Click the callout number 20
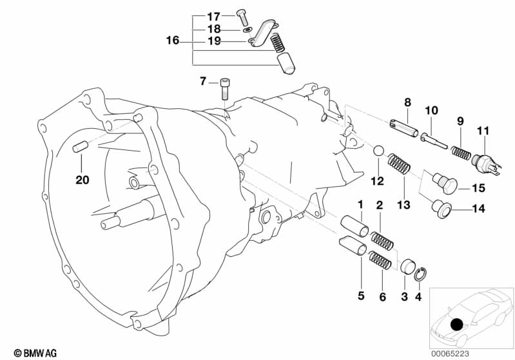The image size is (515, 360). [82, 180]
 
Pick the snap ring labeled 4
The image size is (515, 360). [420, 276]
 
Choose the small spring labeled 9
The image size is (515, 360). [460, 153]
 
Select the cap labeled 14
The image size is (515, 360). [443, 207]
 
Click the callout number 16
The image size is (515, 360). [172, 40]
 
